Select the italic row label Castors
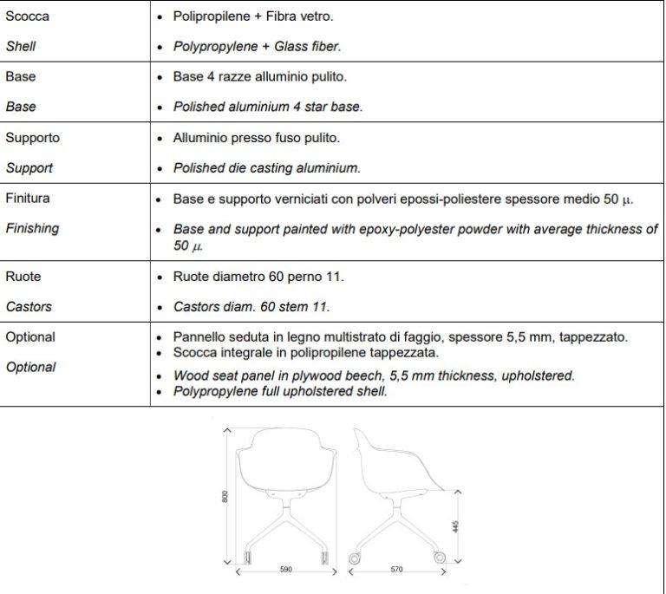tap(29, 307)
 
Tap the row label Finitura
tap(28, 199)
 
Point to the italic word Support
tap(29, 168)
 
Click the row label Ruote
tap(23, 277)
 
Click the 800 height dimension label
tap(225, 497)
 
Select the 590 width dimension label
tap(285, 571)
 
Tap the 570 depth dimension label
tap(396, 571)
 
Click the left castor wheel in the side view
tap(353, 558)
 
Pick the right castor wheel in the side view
tap(439, 558)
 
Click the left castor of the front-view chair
tap(247, 557)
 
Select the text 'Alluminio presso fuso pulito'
tap(257, 138)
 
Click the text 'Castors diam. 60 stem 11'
tap(251, 307)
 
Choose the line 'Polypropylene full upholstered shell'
tap(280, 392)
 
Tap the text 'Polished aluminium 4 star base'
tap(267, 108)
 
